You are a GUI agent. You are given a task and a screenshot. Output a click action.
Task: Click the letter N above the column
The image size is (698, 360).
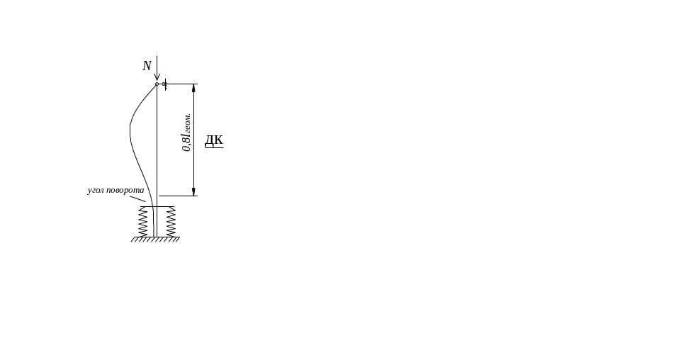147,66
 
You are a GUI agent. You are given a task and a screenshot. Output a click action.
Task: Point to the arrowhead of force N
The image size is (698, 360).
157,78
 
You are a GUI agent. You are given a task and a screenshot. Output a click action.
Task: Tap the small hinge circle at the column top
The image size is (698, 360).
157,84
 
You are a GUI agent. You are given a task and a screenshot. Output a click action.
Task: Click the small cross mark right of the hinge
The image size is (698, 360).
165,85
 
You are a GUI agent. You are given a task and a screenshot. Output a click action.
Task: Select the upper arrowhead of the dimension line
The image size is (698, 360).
194,88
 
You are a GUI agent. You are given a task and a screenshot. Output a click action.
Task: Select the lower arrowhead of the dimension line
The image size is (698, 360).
194,191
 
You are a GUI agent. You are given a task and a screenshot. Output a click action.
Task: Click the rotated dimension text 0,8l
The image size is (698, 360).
187,133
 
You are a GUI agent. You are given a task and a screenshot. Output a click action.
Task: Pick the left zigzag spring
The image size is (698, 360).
144,222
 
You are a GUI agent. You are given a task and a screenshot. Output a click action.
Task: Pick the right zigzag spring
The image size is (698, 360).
170,222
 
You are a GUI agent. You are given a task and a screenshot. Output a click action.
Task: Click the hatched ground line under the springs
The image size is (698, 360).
154,239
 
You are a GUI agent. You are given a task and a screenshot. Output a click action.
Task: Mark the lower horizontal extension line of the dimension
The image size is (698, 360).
177,195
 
